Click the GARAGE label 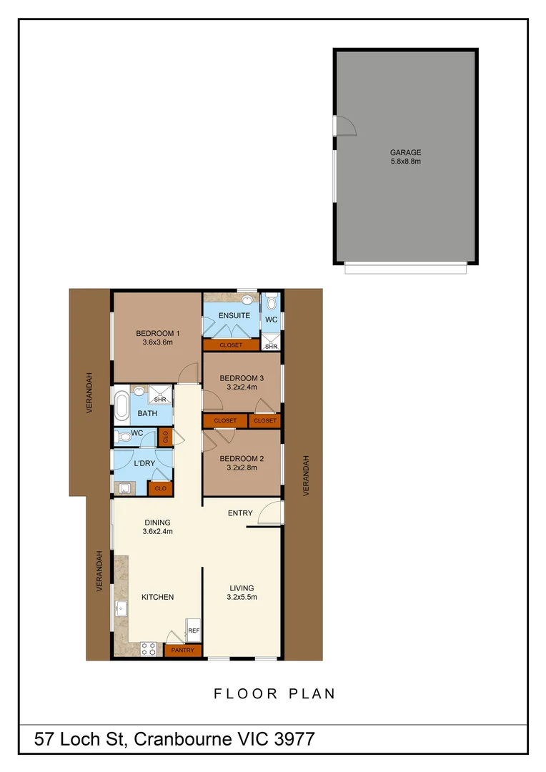click(405, 152)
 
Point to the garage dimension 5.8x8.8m click(405, 162)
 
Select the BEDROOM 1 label click(158, 333)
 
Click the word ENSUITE click(234, 315)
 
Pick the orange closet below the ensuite click(231, 345)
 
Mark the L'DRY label click(145, 464)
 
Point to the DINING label click(157, 523)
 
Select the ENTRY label click(240, 513)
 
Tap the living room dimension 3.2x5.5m click(242, 597)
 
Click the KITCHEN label click(157, 597)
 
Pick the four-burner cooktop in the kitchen click(149, 649)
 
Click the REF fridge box click(194, 630)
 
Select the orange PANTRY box click(182, 650)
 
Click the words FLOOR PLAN click(274, 693)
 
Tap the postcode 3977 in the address click(294, 739)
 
